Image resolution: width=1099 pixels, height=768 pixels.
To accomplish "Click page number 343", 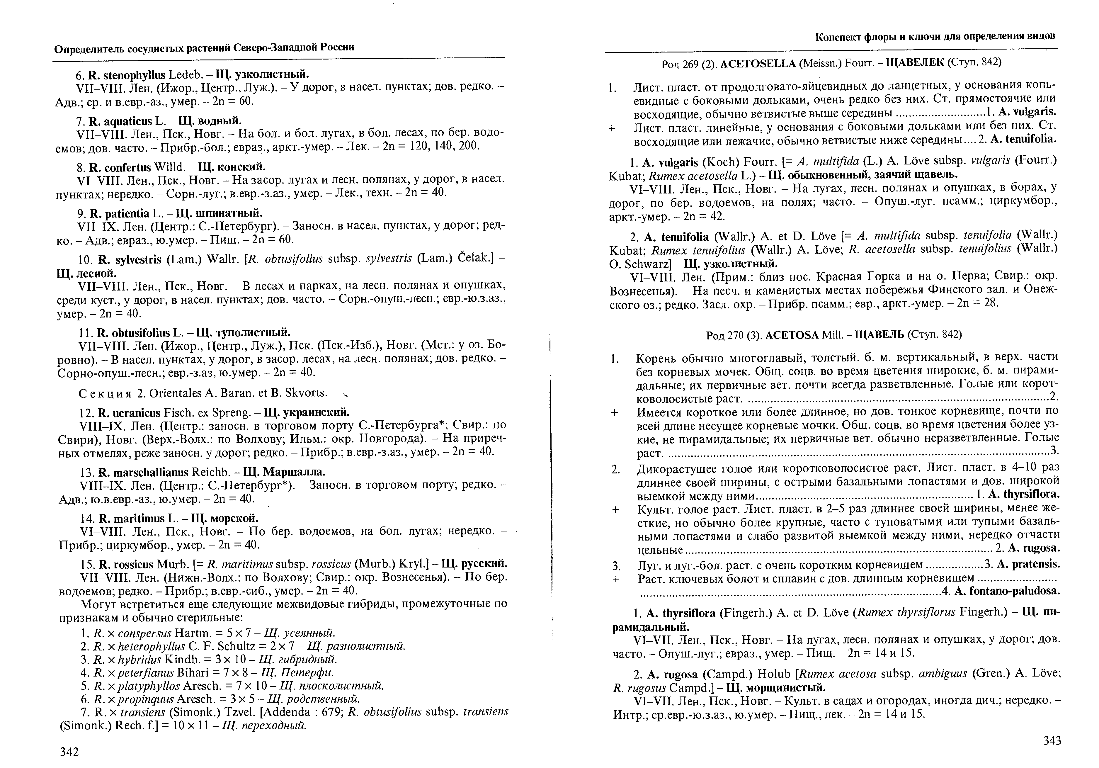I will coord(1052,741).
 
